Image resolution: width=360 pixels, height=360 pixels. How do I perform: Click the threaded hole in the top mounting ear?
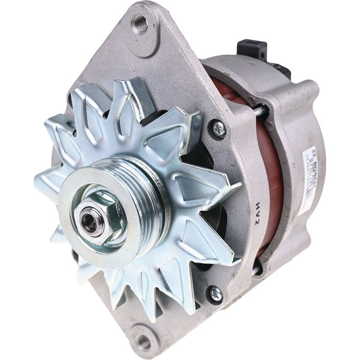[141, 26]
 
